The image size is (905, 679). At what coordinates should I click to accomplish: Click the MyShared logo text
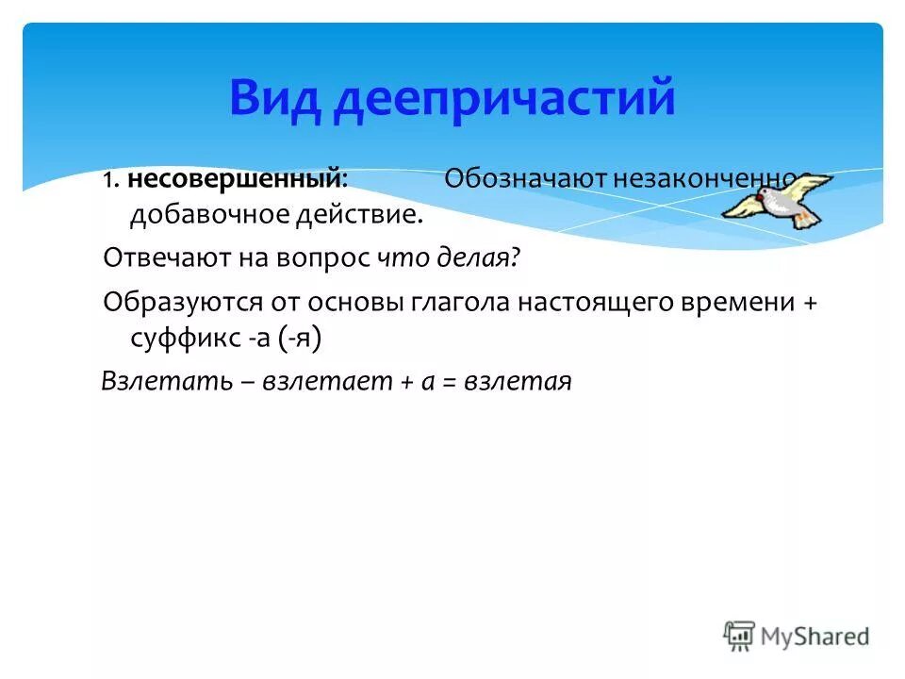click(x=815, y=637)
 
